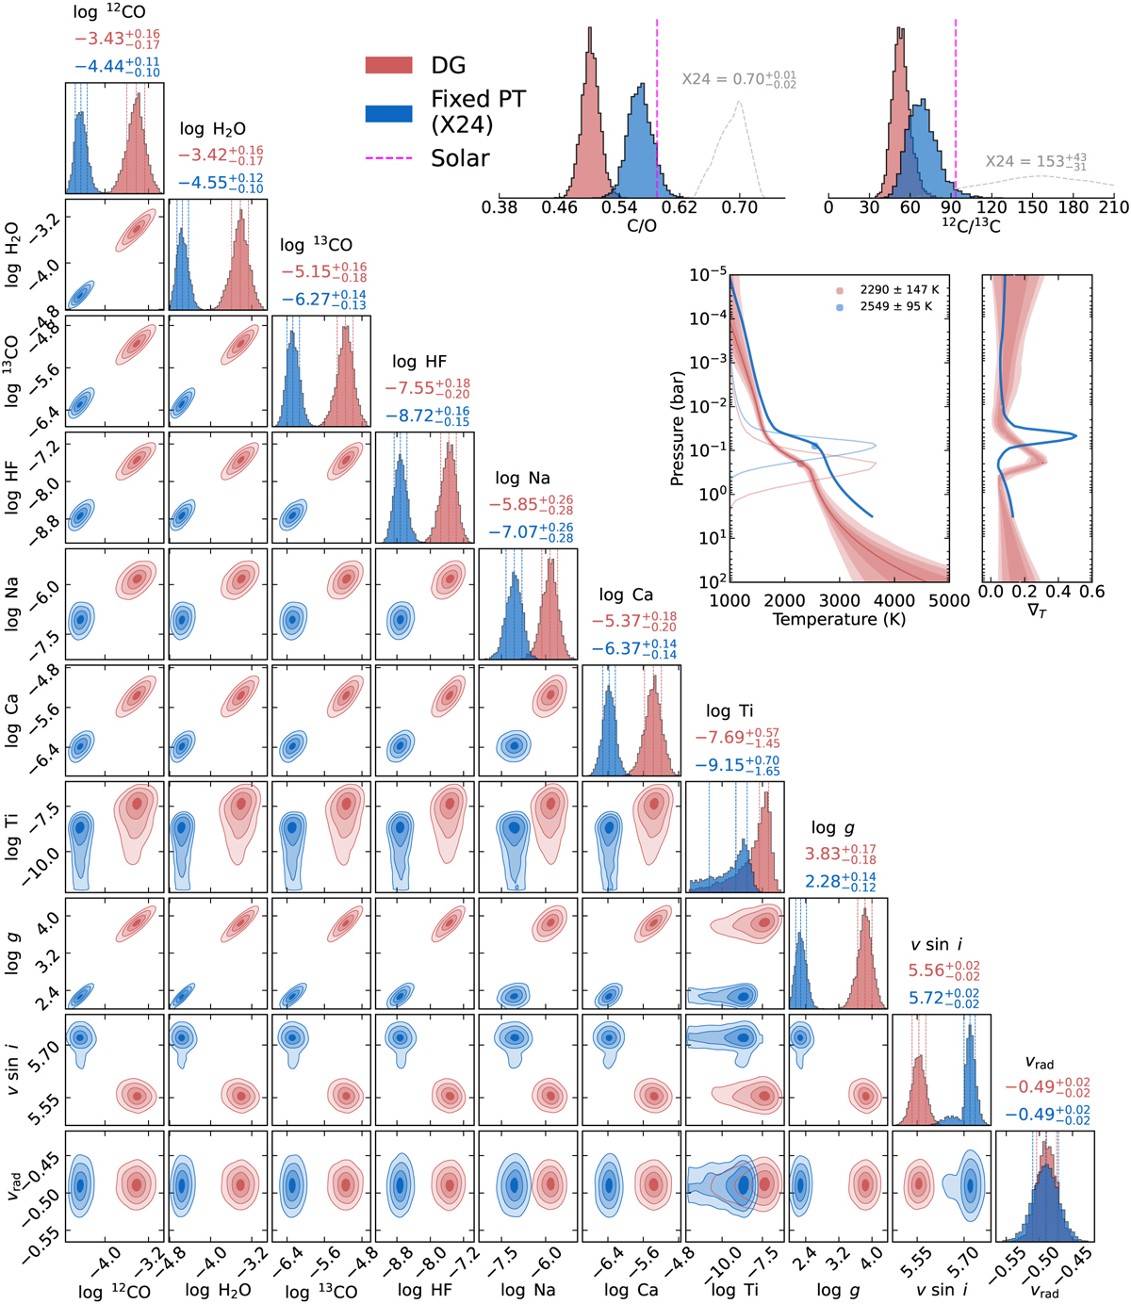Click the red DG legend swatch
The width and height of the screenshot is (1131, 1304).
click(388, 65)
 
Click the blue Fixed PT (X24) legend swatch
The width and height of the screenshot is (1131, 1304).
click(388, 112)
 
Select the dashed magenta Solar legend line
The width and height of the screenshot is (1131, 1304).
click(388, 158)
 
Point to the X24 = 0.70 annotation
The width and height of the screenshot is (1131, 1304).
click(739, 79)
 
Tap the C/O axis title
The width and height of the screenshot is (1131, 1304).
click(641, 227)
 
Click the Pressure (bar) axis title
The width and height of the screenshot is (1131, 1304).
click(677, 426)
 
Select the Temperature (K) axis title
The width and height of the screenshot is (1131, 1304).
click(839, 620)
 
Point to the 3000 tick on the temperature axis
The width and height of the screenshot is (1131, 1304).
click(839, 601)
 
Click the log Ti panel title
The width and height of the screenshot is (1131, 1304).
click(729, 711)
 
